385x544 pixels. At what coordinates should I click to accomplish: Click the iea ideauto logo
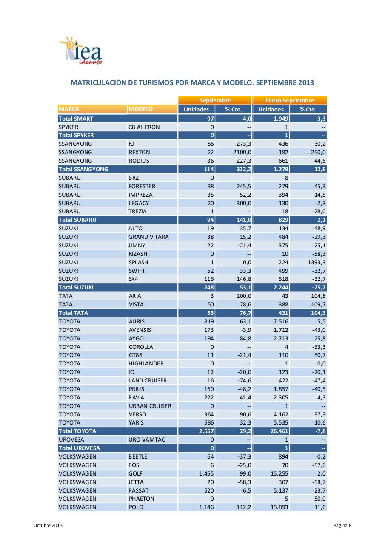[x=81, y=51]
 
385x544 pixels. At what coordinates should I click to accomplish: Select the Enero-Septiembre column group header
[x=289, y=101]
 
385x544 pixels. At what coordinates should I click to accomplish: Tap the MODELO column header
[x=141, y=109]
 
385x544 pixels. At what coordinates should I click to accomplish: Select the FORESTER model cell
[x=142, y=186]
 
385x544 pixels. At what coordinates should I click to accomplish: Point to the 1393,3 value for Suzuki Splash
[x=314, y=262]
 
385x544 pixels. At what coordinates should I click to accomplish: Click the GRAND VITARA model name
[x=148, y=237]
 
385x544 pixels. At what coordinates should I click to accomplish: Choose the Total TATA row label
[x=74, y=313]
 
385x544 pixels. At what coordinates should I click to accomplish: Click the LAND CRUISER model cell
[x=148, y=380]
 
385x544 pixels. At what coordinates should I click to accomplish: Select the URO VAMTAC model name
[x=146, y=439]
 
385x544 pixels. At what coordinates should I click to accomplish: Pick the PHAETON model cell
[x=141, y=499]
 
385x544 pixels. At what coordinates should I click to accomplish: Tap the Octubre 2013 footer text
[x=48, y=526]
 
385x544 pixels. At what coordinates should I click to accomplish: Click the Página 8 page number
[x=342, y=526]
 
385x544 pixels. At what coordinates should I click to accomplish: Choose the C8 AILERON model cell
[x=144, y=127]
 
